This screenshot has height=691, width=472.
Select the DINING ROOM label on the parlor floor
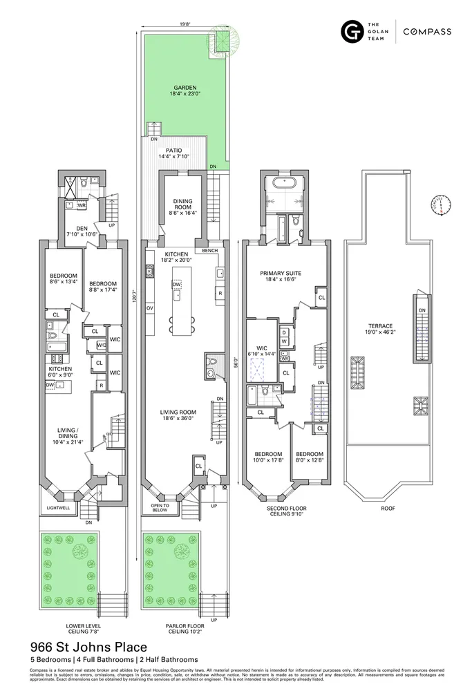point(182,207)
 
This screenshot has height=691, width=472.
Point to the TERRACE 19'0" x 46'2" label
point(380,329)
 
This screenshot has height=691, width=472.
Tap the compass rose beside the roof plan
point(440,204)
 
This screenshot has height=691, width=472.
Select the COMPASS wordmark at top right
point(428,32)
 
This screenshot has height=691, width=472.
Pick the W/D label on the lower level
point(102,345)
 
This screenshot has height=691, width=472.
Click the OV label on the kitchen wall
point(149,307)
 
